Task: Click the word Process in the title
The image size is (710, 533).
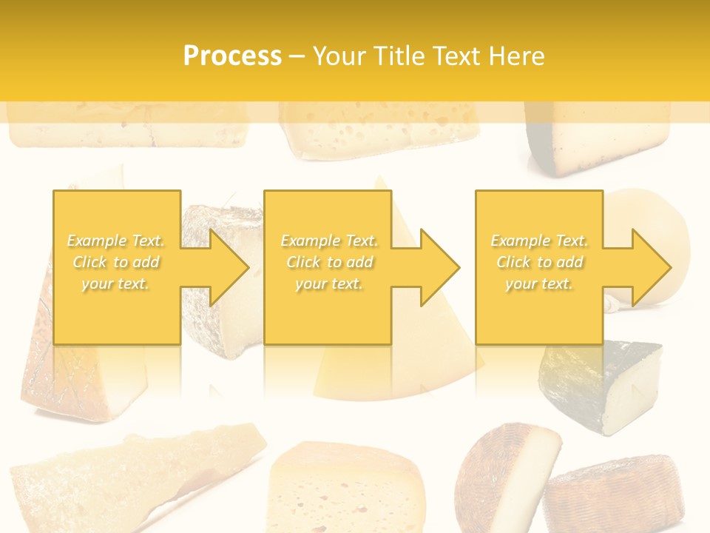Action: [x=232, y=56]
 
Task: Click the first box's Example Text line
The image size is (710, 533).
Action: [x=116, y=241]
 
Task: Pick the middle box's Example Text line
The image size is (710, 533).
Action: [x=329, y=241]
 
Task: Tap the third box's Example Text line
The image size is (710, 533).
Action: [x=539, y=241]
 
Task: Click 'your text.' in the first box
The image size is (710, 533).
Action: [x=116, y=284]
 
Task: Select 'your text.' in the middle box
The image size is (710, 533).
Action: [x=329, y=284]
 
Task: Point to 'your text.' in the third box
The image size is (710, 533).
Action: [x=539, y=284]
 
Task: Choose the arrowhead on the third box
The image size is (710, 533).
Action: [x=651, y=267]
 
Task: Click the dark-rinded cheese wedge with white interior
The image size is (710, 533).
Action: [x=603, y=385]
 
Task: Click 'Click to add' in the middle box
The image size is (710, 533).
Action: [x=329, y=262]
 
